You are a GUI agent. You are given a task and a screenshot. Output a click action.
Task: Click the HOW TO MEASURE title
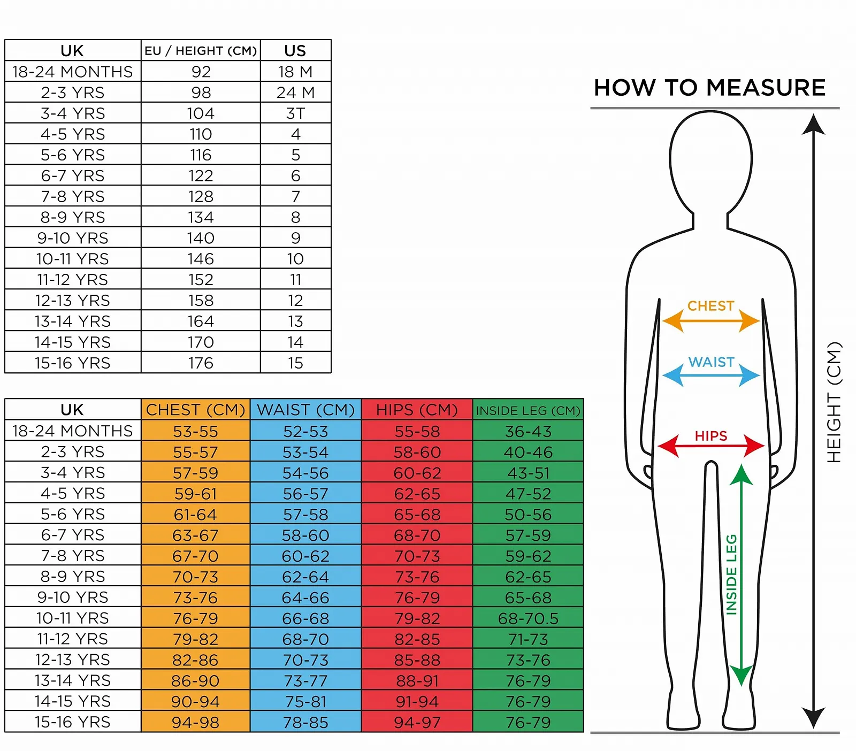(x=709, y=88)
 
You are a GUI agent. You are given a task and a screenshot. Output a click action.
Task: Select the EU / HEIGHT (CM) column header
(x=201, y=51)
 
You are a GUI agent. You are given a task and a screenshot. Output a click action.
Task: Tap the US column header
(x=295, y=51)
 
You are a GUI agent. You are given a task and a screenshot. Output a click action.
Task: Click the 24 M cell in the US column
(x=295, y=93)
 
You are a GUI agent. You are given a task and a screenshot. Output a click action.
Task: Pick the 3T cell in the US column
(x=295, y=113)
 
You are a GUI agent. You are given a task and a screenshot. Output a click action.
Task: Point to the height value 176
(x=201, y=363)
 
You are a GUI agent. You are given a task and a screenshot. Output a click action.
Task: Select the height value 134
(x=201, y=218)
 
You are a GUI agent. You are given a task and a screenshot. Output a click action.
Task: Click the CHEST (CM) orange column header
(x=195, y=410)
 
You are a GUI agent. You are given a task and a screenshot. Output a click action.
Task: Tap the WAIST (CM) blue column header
(x=305, y=410)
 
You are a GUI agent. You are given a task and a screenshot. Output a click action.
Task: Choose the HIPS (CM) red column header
(x=417, y=410)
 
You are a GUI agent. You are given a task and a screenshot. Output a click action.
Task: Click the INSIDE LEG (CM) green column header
(x=528, y=411)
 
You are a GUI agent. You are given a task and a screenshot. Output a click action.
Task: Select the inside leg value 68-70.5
(x=528, y=619)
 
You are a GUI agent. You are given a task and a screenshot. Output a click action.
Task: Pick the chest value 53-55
(x=195, y=432)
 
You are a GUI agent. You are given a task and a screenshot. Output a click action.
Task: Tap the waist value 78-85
(x=305, y=723)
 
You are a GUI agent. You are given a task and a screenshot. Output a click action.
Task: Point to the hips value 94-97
(x=417, y=723)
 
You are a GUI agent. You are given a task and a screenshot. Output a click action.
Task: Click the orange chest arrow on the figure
(x=710, y=321)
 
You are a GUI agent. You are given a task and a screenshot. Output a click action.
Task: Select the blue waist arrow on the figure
(x=710, y=375)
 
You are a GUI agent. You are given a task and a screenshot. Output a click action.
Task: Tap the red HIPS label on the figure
(x=710, y=436)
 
